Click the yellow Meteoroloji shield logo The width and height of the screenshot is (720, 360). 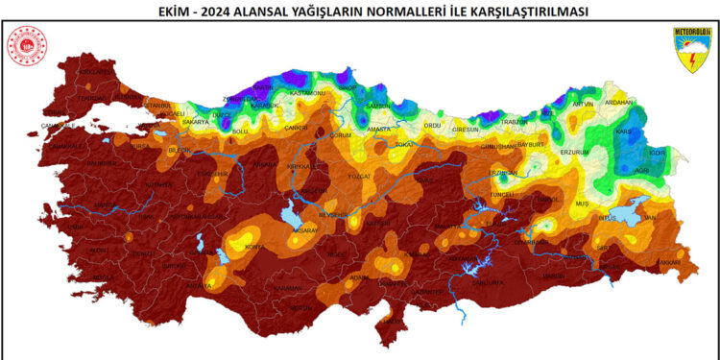tap(691, 47)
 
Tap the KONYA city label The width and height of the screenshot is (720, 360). tap(256, 247)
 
